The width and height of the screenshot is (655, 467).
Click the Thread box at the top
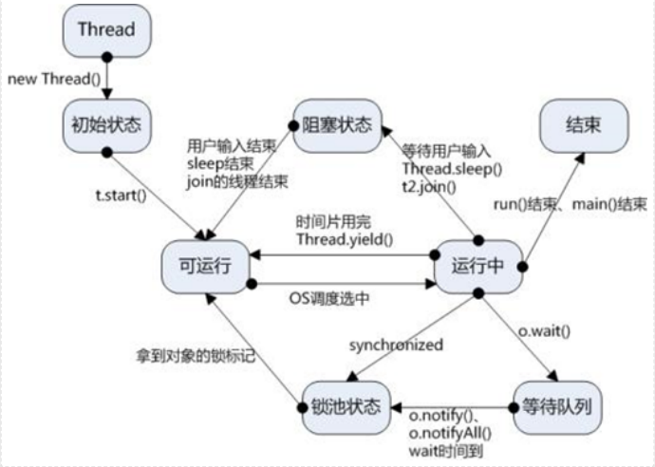point(106,29)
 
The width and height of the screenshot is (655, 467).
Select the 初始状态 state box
point(106,123)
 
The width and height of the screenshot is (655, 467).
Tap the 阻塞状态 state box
point(336,123)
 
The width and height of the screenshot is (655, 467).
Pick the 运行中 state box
point(479,266)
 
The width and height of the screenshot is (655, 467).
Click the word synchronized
point(395,345)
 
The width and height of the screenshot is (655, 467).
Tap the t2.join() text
point(429,186)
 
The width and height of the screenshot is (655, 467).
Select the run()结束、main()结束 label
point(571,205)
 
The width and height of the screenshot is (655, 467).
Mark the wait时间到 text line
point(442,449)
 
